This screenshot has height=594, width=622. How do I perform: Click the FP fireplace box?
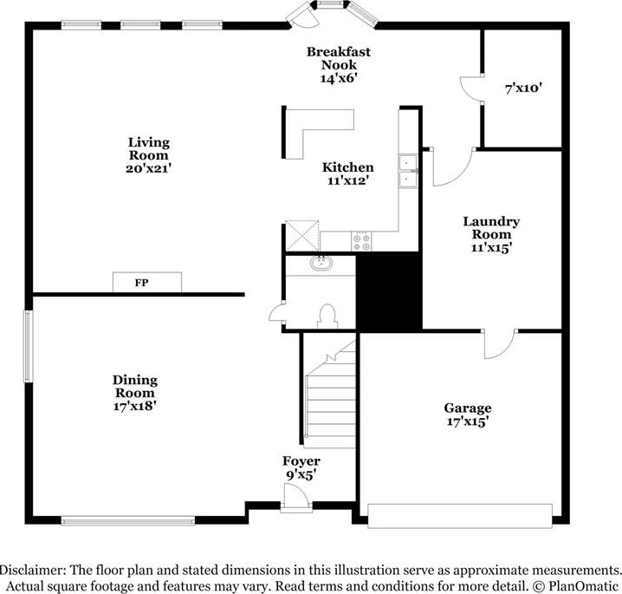pos(147,283)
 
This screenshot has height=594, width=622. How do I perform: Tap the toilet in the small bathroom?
pos(327,317)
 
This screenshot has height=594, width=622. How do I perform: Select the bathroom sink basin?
pos(321,263)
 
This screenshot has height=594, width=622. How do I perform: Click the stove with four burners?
pos(361,241)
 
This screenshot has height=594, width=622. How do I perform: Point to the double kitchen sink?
pos(408,171)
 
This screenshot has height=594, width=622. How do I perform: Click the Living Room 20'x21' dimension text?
pos(148,168)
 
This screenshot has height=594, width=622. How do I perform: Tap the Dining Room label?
pos(135,387)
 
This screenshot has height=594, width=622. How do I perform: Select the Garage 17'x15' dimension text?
pos(467,421)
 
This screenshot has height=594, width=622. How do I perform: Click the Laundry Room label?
pos(491,227)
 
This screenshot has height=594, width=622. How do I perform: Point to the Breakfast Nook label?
pos(339,58)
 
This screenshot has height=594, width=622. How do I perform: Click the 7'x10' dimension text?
pos(523,88)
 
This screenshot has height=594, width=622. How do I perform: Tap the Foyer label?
pos(301,461)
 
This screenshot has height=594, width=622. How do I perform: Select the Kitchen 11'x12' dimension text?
pos(348,180)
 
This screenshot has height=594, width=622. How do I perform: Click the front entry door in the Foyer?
pos(296,498)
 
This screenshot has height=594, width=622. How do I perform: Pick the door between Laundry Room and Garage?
pos(499,344)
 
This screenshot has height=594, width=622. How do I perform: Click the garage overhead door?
pos(460,516)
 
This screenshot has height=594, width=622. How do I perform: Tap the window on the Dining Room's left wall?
pos(28,346)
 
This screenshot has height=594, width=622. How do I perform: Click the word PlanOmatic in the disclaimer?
pos(583,586)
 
